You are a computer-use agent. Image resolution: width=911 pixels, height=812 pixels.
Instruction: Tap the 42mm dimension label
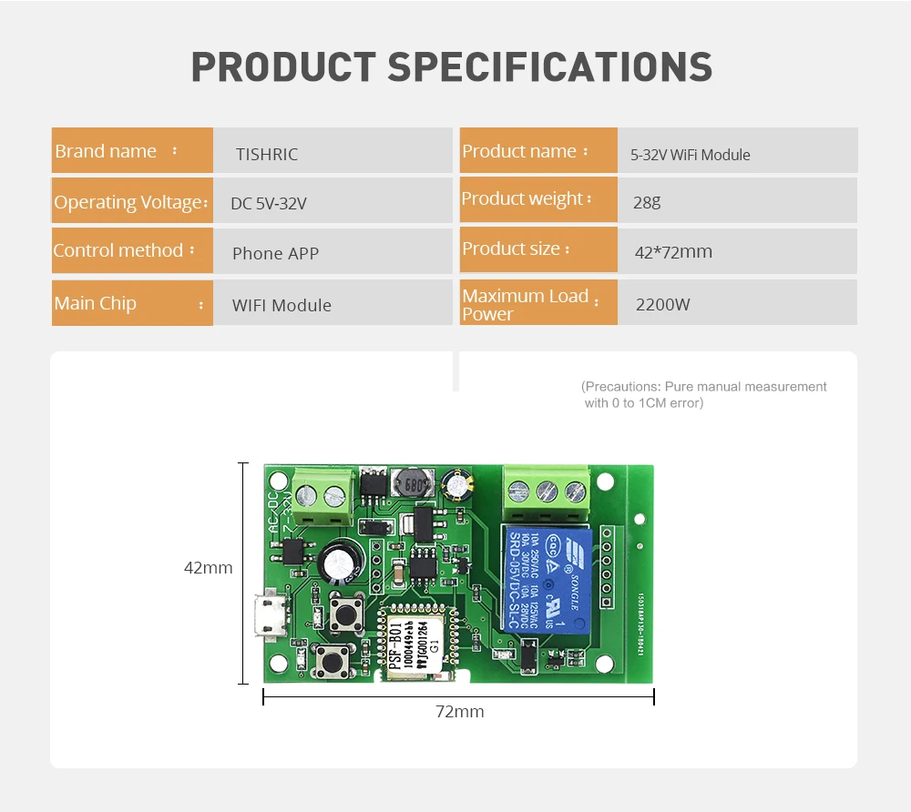pos(209,568)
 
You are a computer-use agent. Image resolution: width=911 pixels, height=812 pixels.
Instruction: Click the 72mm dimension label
pos(459,712)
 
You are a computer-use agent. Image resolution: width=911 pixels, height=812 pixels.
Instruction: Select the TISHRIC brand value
pos(267,155)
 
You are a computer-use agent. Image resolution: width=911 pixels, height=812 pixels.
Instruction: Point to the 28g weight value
pos(647,202)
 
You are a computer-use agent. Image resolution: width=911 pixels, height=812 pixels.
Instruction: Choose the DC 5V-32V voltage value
pos(269,204)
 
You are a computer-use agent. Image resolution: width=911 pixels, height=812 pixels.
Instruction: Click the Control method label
pos(118,250)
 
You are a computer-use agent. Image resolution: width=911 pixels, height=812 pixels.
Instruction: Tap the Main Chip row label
pos(95,303)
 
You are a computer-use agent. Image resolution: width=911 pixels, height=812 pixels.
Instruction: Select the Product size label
pos(511,249)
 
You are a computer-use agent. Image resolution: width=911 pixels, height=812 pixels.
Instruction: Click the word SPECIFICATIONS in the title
pos(549,68)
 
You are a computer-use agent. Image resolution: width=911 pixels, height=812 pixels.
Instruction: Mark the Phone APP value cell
pos(275,254)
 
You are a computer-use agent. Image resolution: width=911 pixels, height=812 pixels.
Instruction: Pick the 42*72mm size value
pos(673,252)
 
